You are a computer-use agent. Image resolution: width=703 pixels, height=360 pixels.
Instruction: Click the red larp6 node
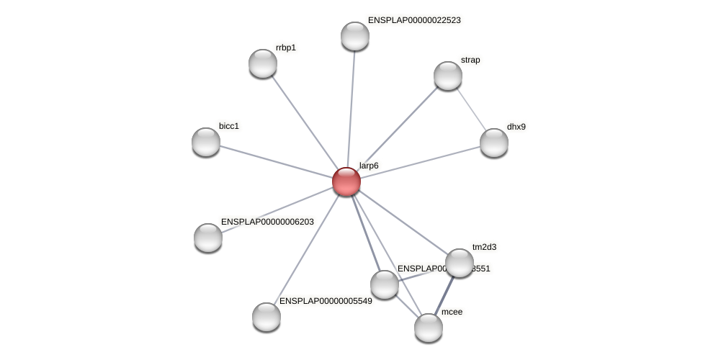(346, 181)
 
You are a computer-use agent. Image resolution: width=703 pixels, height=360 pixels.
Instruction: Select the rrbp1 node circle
(263, 63)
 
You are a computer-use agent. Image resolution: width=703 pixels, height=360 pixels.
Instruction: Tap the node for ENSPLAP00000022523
(355, 36)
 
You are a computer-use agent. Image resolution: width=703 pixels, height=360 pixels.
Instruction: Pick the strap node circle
(448, 76)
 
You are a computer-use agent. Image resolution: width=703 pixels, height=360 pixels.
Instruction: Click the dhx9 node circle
(494, 143)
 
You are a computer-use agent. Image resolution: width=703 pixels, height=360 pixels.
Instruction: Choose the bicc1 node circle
(206, 142)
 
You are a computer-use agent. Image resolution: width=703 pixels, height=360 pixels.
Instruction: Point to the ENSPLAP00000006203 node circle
(208, 238)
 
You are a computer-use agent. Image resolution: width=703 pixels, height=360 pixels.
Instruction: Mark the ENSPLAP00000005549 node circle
(267, 317)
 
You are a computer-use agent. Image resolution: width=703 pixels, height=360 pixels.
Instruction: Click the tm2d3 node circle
(460, 263)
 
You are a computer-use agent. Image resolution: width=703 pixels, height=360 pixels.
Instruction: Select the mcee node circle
(429, 328)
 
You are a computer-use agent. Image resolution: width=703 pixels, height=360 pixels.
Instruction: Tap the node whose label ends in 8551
(385, 284)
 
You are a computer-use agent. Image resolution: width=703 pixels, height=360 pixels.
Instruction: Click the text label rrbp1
(286, 48)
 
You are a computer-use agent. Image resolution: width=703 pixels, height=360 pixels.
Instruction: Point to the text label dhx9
(516, 127)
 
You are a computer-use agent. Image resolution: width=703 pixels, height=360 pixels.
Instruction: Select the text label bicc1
(228, 126)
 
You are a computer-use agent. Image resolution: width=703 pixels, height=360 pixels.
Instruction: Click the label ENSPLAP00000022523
(414, 20)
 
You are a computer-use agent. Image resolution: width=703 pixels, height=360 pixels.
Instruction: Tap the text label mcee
(452, 312)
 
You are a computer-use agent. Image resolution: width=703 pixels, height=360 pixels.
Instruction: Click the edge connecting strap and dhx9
(471, 109)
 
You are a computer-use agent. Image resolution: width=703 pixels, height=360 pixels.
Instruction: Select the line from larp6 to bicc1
(276, 161)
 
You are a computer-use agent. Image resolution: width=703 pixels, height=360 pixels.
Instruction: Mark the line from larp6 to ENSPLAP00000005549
(306, 249)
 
